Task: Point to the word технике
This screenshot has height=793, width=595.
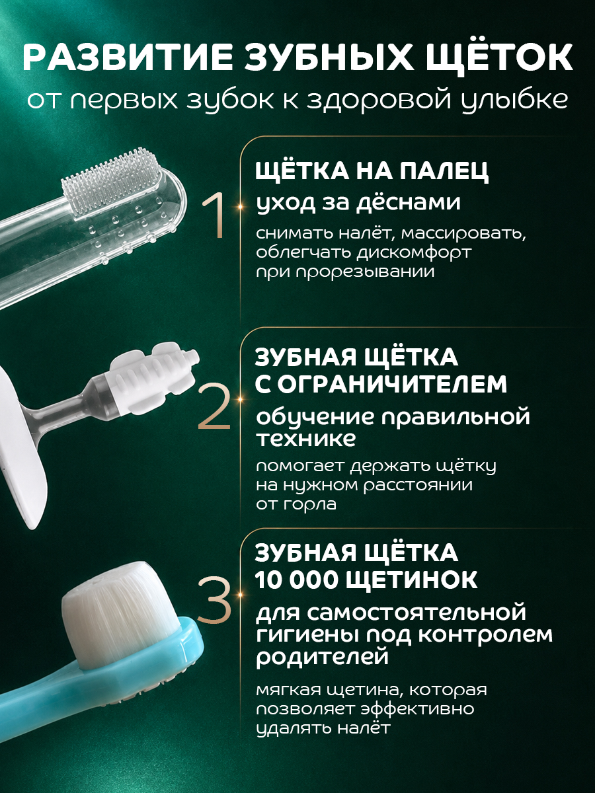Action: [305, 439]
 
